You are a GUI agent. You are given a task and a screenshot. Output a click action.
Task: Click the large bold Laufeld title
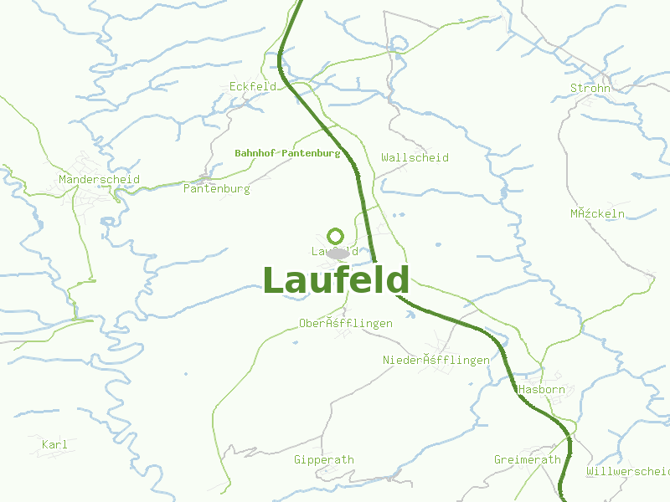coord(336,281)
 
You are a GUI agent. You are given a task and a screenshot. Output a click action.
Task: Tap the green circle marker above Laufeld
coord(335,236)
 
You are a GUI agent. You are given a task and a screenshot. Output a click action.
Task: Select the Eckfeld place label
coord(252,86)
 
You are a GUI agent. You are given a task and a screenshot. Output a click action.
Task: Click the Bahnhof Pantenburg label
coord(287,153)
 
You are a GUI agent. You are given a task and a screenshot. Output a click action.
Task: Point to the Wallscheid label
coord(415,157)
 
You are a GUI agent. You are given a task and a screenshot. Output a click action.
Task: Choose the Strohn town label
coord(590,88)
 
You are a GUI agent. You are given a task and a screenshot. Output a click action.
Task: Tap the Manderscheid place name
coord(99,179)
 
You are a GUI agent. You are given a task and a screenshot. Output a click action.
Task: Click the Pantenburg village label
coord(216,189)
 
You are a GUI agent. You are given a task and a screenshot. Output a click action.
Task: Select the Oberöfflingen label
coord(346,323)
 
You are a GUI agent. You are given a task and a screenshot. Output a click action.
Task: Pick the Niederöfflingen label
coord(435,360)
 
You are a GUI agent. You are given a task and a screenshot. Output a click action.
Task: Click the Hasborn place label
coord(541,390)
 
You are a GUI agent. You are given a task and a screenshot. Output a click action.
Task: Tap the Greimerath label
coord(528,460)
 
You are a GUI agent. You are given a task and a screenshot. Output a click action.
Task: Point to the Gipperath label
coord(324,459)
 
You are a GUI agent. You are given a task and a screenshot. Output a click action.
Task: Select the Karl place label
coord(54,444)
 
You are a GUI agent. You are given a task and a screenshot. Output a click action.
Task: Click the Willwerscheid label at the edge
coord(628,472)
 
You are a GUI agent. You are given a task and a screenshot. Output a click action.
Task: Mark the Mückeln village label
coord(598,213)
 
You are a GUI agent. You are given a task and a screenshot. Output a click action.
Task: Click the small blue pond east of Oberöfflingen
coord(410,315)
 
